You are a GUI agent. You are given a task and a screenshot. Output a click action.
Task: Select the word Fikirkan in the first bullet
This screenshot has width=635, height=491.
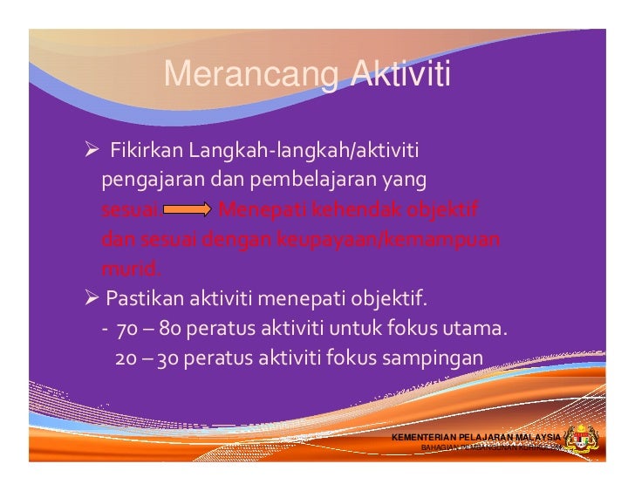coord(144,154)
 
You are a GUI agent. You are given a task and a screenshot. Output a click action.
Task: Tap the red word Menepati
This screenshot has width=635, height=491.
coord(256,211)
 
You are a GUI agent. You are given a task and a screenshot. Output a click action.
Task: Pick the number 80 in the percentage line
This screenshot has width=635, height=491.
coord(168,330)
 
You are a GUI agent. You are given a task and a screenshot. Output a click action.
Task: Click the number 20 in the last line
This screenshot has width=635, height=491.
coord(125,358)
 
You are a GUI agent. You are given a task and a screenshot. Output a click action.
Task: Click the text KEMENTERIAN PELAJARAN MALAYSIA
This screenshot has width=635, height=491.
coord(477,437)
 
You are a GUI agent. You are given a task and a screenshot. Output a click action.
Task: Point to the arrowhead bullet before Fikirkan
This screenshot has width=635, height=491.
coord(89,154)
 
